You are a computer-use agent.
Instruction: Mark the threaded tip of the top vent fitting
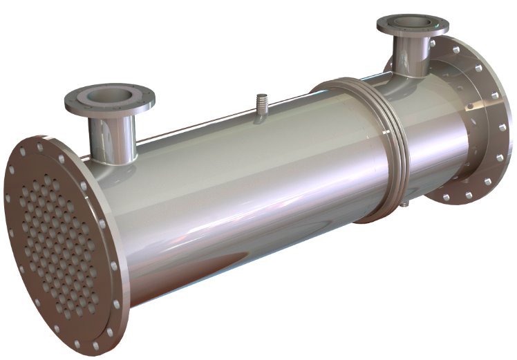(x=261, y=98)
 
